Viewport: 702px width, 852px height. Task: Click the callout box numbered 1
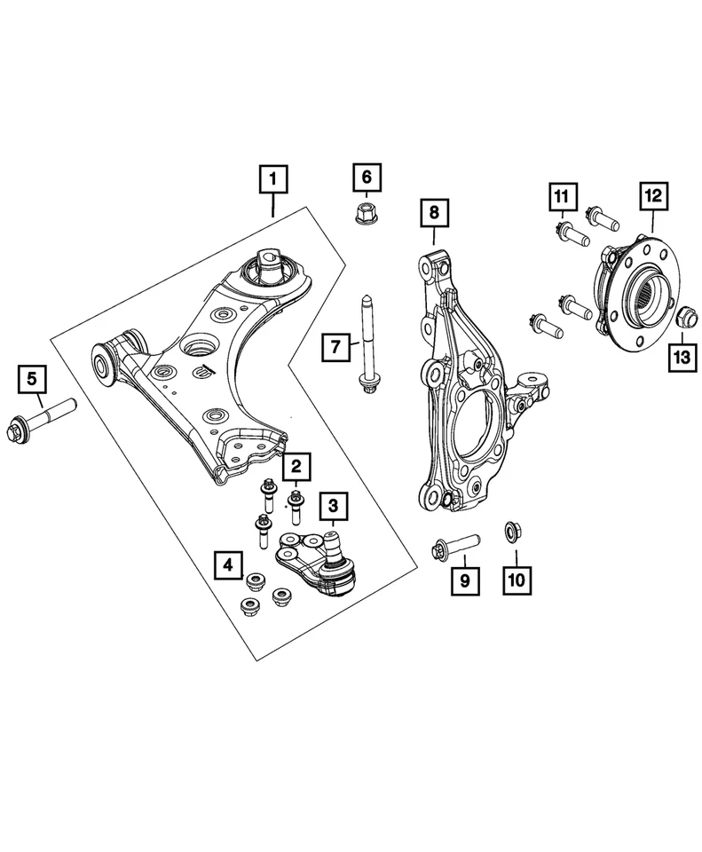[273, 179]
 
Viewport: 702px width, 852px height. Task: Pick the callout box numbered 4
[228, 563]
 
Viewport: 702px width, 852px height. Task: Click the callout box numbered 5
[32, 380]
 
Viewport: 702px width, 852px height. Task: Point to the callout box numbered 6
[366, 177]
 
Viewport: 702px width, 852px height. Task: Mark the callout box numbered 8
[434, 213]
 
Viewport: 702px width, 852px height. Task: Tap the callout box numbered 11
[561, 195]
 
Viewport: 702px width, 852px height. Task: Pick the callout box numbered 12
[652, 195]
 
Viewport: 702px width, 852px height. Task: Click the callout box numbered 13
[681, 357]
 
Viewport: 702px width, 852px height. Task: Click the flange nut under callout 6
[363, 214]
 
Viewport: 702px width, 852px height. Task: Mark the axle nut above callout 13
[687, 317]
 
